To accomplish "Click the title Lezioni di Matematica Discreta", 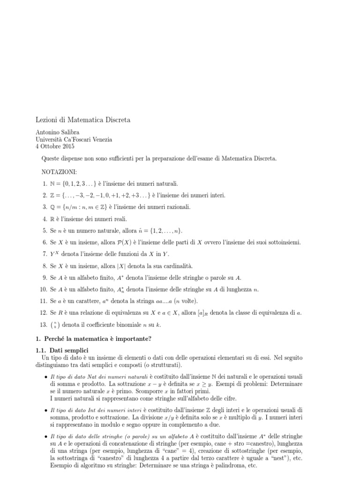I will [x=83, y=120].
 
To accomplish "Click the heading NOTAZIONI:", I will [x=57, y=172].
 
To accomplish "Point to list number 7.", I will [x=44, y=254].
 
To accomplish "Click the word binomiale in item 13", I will [x=133, y=324].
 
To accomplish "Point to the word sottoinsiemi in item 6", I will [x=282, y=242].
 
